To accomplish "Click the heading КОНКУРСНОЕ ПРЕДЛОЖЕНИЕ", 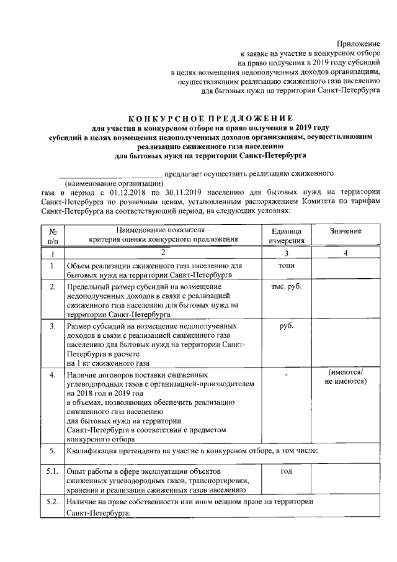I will [210, 119].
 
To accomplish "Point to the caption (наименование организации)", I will [114, 184].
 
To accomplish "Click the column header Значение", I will [346, 231].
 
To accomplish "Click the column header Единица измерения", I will [286, 235].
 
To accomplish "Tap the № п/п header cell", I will [53, 235].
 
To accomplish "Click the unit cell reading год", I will [286, 473].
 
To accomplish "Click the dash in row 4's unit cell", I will [286, 374].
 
